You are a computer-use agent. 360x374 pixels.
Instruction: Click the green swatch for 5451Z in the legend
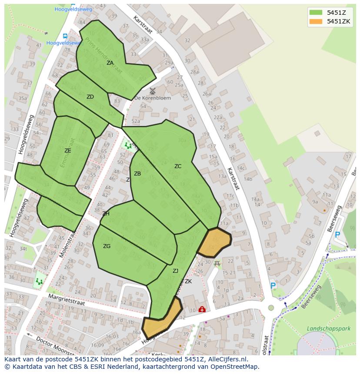(316, 12)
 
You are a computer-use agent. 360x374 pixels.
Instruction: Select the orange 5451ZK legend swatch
(316, 21)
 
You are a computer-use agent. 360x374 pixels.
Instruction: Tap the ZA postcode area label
(110, 63)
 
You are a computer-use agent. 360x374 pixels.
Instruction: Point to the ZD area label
(90, 97)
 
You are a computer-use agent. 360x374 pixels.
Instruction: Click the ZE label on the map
(67, 151)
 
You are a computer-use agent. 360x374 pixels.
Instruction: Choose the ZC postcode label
(178, 166)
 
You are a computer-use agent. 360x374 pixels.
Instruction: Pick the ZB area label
(137, 174)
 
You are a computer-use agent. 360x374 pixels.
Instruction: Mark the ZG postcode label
(107, 246)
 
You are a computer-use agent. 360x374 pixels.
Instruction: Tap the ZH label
(106, 214)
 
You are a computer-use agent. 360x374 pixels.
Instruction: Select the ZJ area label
(175, 271)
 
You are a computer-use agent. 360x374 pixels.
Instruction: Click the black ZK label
(188, 281)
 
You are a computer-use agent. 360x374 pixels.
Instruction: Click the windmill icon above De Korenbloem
(152, 91)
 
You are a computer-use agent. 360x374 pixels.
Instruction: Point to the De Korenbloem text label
(153, 98)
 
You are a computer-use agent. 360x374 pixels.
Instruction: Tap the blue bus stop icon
(65, 36)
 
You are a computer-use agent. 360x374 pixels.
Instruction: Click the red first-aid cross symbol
(202, 310)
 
